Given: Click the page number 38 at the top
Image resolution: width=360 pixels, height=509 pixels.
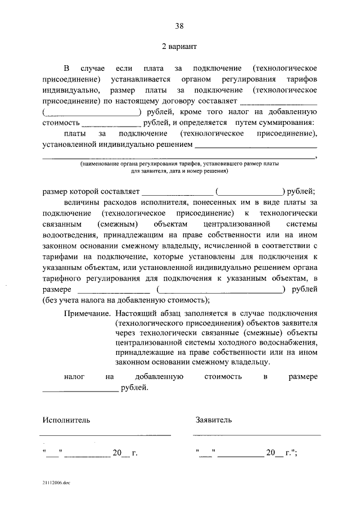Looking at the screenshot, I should coord(179,25).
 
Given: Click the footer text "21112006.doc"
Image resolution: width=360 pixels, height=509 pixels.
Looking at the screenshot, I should coord(56,483).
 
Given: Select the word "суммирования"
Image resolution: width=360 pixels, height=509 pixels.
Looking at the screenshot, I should coord(286,122).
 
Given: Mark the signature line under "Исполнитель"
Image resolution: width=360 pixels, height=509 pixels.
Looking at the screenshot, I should coord(105,435).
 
